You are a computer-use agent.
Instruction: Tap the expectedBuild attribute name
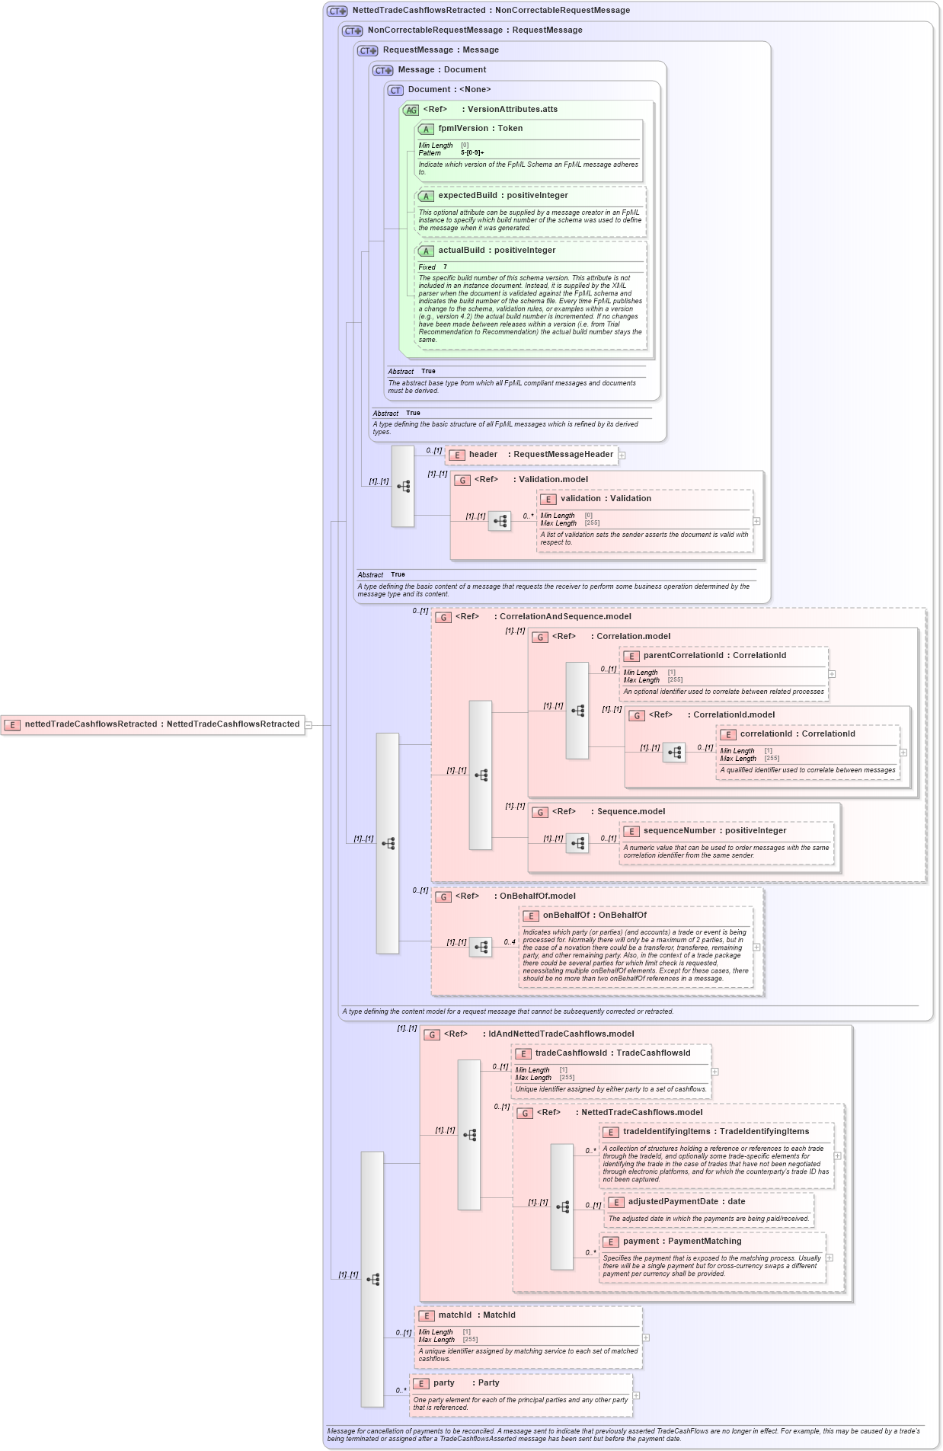tap(467, 196)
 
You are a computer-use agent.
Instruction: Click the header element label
tap(483, 455)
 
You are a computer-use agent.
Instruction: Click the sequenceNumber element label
tap(679, 831)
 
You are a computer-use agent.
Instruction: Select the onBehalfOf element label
tap(566, 916)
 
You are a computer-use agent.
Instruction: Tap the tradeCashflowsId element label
tap(571, 1053)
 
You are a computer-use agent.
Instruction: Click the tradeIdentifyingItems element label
tap(666, 1132)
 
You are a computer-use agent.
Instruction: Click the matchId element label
tap(455, 1315)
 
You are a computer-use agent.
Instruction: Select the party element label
tap(443, 1383)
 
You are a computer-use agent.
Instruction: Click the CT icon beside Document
tap(395, 91)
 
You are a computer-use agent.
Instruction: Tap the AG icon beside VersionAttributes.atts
tap(411, 110)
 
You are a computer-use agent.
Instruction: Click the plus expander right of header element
tap(622, 455)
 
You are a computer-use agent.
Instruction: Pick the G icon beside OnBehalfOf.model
tap(443, 897)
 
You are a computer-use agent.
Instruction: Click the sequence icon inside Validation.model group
tap(500, 522)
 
